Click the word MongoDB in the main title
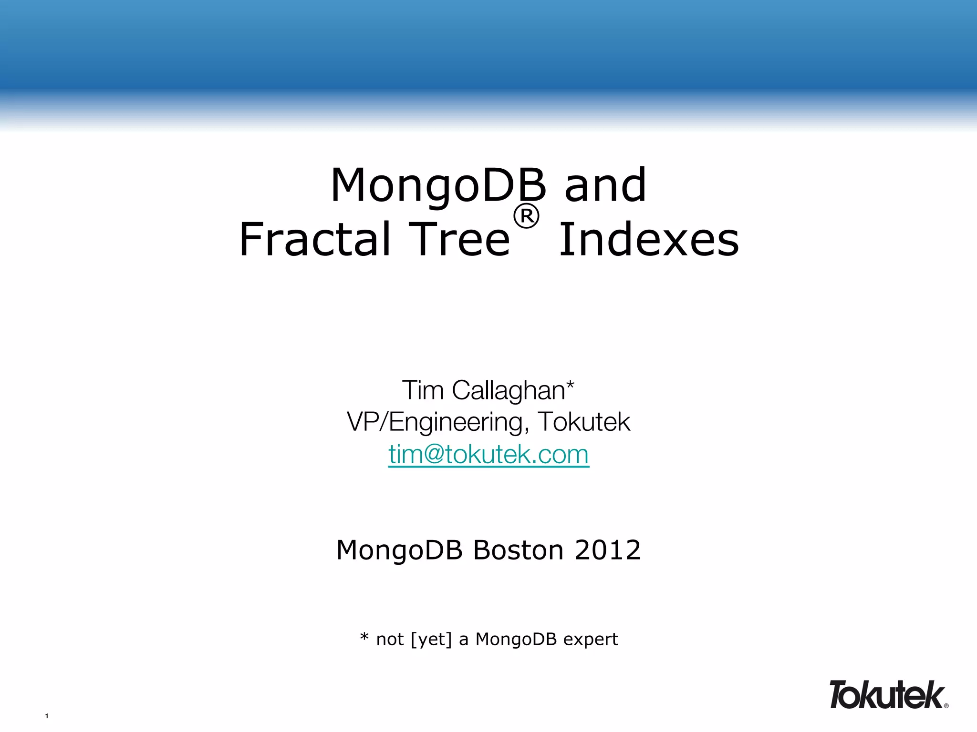point(438,186)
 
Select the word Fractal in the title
point(315,239)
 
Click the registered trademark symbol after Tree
point(526,217)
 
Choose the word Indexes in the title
point(649,239)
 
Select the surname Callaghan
point(508,390)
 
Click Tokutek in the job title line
point(584,422)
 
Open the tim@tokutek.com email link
point(488,454)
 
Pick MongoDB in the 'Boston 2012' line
point(400,550)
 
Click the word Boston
point(519,550)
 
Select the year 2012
point(607,550)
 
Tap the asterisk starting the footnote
point(364,637)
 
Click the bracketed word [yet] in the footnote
point(431,640)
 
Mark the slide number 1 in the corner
point(47,716)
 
